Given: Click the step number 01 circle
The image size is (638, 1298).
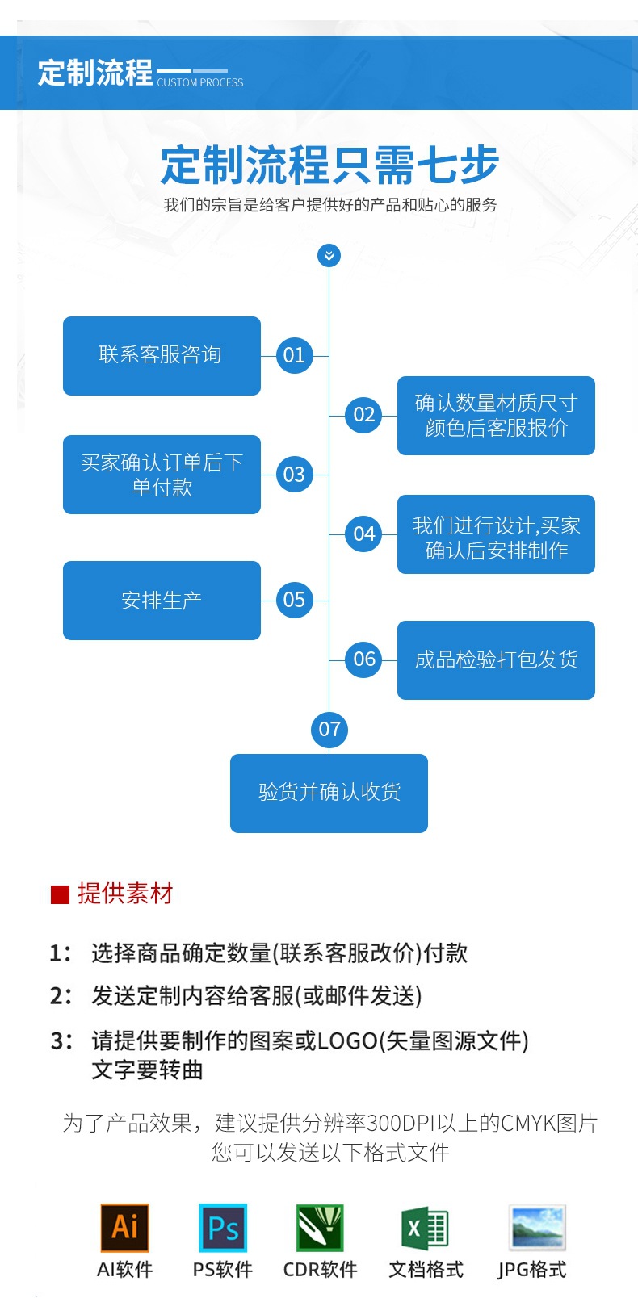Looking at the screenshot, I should click(294, 355).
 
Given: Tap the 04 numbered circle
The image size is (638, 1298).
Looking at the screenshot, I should click(364, 534).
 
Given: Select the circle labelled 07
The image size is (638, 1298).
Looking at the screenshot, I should click(329, 730).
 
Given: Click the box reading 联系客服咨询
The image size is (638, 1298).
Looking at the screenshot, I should click(162, 356).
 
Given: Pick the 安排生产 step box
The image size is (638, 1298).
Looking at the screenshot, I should click(162, 601).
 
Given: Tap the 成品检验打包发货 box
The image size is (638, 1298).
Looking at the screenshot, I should click(496, 660).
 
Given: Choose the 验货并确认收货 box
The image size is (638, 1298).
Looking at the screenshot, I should click(329, 793).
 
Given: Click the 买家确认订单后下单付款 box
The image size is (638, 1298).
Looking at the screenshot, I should click(162, 475).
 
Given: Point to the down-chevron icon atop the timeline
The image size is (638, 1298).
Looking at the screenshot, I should click(329, 256).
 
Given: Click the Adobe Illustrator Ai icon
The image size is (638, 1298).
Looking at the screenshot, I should click(124, 1228).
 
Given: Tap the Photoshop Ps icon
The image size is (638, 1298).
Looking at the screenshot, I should click(223, 1228).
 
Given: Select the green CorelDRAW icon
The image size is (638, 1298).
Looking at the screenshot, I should click(320, 1228).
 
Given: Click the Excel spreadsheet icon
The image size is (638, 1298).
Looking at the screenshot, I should click(426, 1229).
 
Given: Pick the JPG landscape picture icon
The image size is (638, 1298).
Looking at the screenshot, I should click(537, 1227).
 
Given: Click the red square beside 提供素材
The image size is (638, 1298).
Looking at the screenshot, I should click(60, 894).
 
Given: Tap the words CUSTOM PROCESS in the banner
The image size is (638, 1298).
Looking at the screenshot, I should click(200, 82).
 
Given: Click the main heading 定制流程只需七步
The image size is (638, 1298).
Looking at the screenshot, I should click(329, 165).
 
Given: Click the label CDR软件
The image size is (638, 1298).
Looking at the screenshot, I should click(320, 1270).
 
